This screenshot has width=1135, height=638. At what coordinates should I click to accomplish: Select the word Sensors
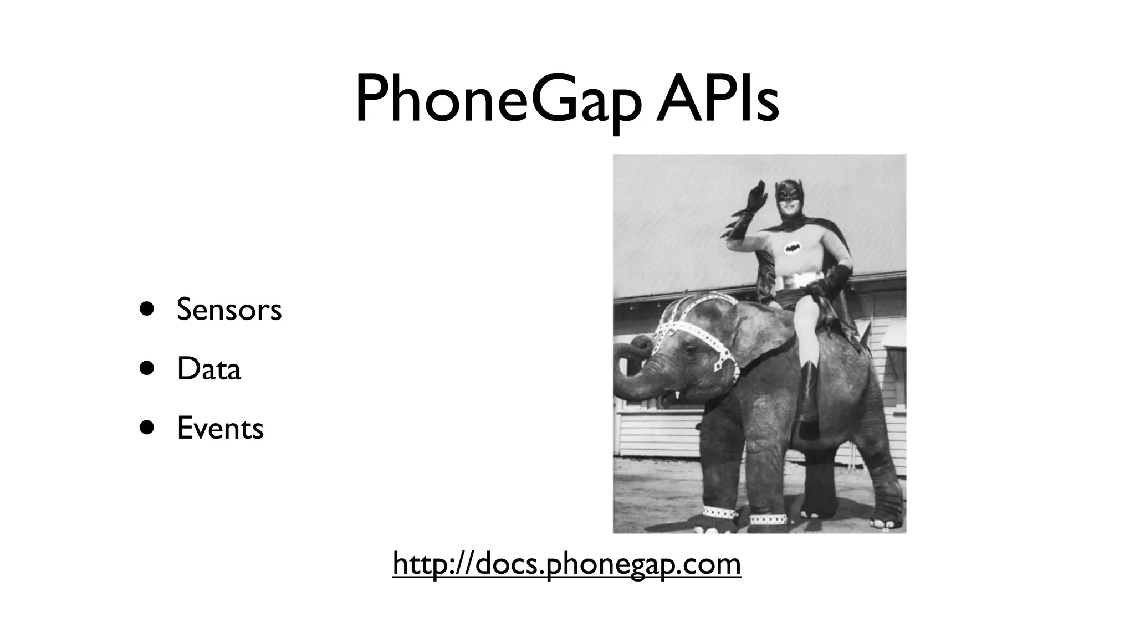tap(229, 309)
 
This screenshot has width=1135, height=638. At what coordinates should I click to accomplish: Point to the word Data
tap(209, 369)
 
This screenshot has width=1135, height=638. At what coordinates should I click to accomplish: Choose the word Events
tap(220, 428)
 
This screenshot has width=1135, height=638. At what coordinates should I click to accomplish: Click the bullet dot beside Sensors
tap(147, 308)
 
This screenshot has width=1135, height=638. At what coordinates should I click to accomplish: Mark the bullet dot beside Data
tap(147, 368)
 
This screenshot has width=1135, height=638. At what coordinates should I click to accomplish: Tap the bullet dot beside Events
tap(147, 428)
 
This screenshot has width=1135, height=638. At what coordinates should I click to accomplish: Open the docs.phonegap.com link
tap(566, 564)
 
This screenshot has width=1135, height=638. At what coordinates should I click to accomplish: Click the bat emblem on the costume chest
tap(793, 248)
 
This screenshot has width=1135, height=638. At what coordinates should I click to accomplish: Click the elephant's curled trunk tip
tap(643, 346)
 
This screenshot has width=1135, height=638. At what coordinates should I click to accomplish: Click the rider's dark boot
tap(809, 399)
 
